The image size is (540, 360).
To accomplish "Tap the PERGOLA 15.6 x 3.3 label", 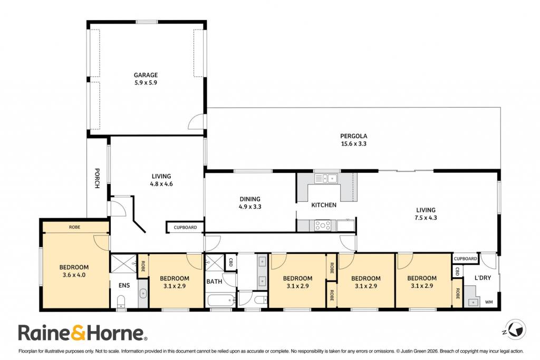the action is point(354,140).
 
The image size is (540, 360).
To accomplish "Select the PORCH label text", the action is point(97,178).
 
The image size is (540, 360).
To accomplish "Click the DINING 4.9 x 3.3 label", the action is point(250,203).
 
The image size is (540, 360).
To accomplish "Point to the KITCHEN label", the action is point(324,205).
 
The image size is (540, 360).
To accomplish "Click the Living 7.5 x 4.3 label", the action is point(426,213).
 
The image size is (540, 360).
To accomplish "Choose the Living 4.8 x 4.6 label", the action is point(161,180).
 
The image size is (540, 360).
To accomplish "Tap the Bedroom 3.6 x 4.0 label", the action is point(74,271).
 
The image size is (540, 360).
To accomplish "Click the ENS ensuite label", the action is point(124,285).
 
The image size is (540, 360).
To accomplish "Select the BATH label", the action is point(214,281).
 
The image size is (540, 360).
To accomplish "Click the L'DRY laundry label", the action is point(483,278).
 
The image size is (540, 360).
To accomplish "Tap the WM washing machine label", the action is point(489,302).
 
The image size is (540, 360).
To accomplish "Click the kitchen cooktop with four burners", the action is point(323,226).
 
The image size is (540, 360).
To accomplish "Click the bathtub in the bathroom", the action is point(221,300).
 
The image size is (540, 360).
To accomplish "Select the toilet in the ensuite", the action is point(121,301).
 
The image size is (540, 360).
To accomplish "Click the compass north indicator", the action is point(516,329).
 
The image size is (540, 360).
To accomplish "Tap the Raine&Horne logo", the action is point(83,333).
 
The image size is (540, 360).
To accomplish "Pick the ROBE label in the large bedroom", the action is point(75,227).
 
